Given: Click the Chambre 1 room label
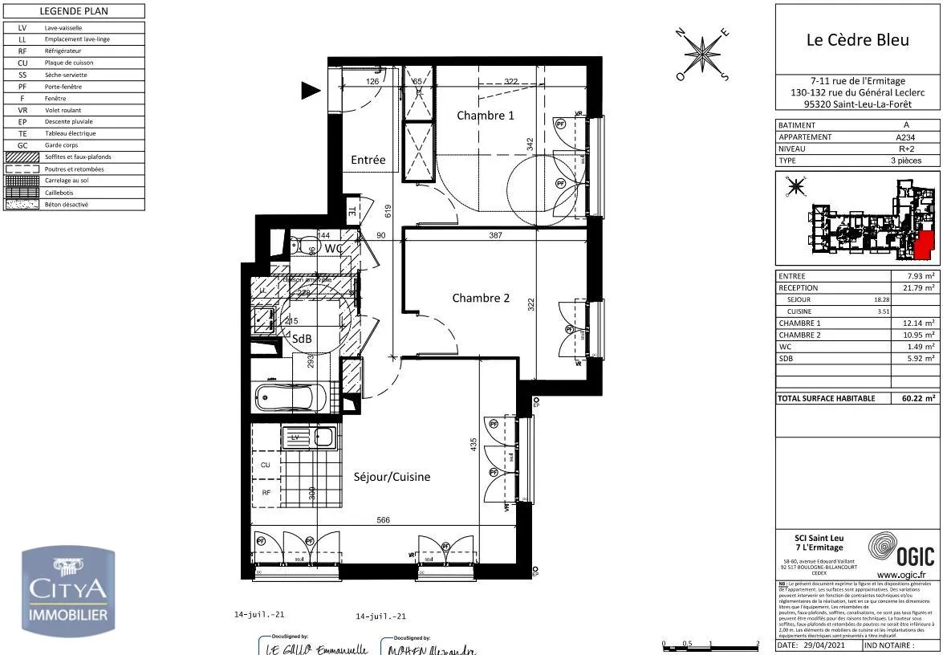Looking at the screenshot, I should [485, 116].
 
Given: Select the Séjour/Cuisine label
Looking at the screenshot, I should [392, 477].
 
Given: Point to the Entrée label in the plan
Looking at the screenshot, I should [368, 160].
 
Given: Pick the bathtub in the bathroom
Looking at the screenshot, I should [288, 397].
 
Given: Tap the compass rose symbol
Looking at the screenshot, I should [704, 55].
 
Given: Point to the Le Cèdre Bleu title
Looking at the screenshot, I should [857, 39].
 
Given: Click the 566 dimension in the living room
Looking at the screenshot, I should [383, 520].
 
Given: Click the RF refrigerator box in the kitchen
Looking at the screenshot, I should [266, 492].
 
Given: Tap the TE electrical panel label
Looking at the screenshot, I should [351, 212].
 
